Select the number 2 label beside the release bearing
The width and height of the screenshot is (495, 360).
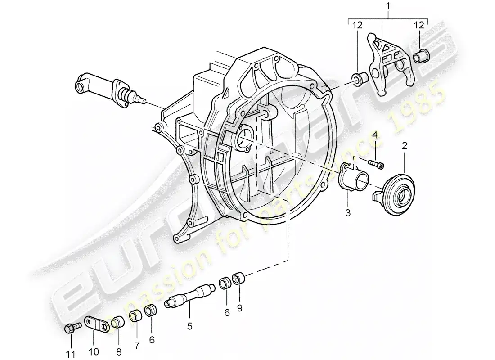[405, 146]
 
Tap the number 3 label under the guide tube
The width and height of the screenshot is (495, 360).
[348, 211]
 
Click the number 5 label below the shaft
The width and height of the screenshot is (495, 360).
[190, 325]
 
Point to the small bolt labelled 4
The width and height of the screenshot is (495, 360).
[375, 164]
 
